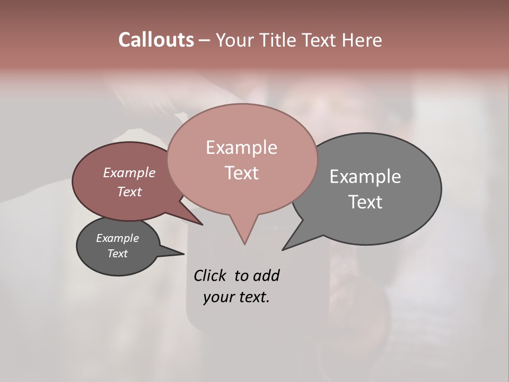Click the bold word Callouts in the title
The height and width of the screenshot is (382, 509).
click(x=156, y=40)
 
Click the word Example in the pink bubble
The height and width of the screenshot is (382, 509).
click(x=241, y=147)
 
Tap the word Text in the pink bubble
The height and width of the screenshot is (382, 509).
click(x=241, y=173)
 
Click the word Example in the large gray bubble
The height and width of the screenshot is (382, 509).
click(x=365, y=177)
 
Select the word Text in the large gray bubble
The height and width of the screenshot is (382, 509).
click(x=365, y=202)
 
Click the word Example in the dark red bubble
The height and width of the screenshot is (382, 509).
click(x=129, y=172)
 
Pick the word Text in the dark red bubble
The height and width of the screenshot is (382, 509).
click(x=129, y=192)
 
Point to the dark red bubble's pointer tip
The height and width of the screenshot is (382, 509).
click(x=202, y=224)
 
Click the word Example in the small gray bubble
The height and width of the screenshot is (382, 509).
click(x=118, y=238)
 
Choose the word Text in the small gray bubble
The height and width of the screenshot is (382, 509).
click(x=118, y=254)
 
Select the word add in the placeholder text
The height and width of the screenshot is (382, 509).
click(x=266, y=275)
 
